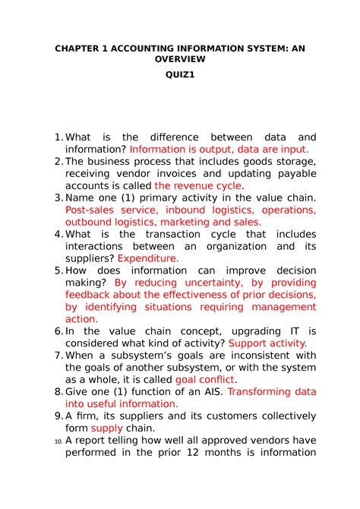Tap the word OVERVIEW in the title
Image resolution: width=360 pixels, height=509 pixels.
tap(179, 58)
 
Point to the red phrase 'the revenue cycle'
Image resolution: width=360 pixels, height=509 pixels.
tap(197, 185)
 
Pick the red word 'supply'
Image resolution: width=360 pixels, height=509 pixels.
tap(106, 428)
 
